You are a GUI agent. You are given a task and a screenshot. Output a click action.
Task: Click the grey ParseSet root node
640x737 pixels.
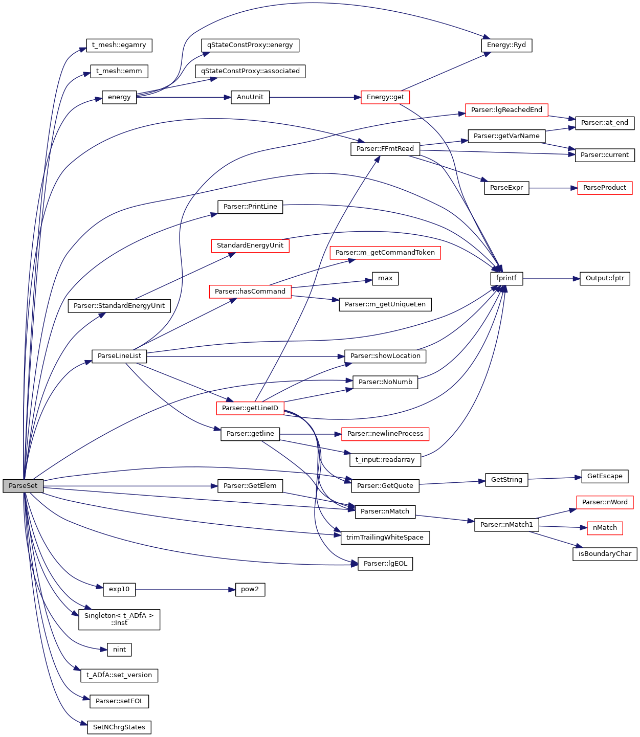(x=23, y=486)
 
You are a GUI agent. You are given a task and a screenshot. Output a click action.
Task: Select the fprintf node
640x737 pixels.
(x=506, y=279)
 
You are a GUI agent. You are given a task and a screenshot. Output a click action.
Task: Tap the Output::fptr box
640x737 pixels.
(x=605, y=279)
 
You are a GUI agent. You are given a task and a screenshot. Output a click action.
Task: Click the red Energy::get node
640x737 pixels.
(x=385, y=97)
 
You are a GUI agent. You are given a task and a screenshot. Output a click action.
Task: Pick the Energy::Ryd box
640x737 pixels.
(x=506, y=45)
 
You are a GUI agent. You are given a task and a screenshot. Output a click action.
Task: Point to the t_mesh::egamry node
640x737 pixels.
(x=119, y=45)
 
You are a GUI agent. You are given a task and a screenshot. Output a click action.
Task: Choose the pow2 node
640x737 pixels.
(x=250, y=590)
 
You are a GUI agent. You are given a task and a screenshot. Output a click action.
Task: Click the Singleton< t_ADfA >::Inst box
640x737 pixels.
(x=119, y=619)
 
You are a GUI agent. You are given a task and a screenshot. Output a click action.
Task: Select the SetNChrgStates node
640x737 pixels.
(x=119, y=727)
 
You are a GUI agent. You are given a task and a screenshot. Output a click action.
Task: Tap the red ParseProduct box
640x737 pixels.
(x=605, y=188)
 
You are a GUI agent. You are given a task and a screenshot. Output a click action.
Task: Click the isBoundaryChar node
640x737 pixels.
(x=605, y=554)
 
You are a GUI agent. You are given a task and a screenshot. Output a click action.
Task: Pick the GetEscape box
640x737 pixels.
(x=605, y=476)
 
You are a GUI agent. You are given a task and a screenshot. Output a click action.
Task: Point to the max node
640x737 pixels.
(x=385, y=279)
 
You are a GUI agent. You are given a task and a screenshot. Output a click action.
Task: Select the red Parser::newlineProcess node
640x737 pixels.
(x=385, y=434)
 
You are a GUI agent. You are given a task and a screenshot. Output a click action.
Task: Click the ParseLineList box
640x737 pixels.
(x=119, y=356)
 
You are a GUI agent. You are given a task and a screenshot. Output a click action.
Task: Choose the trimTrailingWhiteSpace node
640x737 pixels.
(x=385, y=538)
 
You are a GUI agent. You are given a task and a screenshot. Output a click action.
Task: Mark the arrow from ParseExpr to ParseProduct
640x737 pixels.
(x=553, y=188)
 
